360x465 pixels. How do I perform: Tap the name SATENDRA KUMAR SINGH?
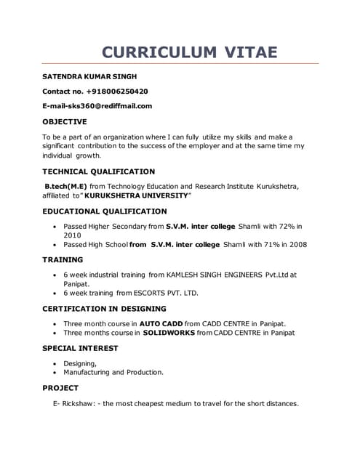[89, 76]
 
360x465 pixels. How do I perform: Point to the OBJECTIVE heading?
[65, 121]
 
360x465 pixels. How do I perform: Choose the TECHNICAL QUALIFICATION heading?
[98, 171]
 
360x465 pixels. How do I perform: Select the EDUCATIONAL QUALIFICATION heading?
[105, 211]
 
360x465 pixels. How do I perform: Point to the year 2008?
[297, 245]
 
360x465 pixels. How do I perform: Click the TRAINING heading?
[63, 259]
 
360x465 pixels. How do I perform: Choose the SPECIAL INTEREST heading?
[80, 348]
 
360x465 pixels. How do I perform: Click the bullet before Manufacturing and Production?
[57, 372]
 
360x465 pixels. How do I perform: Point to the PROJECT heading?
[60, 388]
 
